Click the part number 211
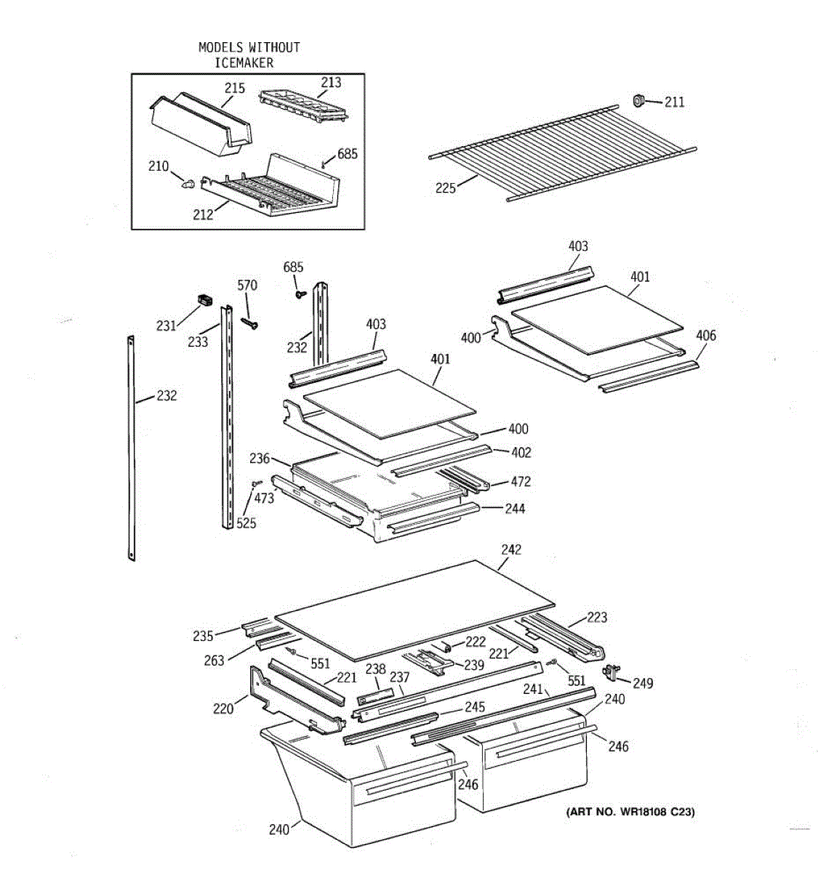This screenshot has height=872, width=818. click(674, 102)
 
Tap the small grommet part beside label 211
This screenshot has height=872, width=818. click(638, 100)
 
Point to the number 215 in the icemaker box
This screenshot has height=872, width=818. click(235, 88)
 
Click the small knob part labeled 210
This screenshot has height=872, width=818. click(188, 184)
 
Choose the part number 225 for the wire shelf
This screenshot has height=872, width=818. click(446, 188)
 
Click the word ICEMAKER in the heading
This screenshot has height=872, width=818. click(244, 62)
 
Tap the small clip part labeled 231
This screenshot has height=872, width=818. click(204, 300)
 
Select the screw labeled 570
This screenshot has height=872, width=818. click(249, 323)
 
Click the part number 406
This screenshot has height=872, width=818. click(706, 336)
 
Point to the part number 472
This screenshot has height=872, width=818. click(521, 482)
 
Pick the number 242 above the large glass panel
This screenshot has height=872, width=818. click(511, 549)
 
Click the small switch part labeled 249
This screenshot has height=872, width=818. click(612, 671)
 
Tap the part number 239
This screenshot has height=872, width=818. click(474, 665)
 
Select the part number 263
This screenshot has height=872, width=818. click(214, 661)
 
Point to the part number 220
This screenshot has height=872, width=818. click(223, 708)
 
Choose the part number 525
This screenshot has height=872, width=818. click(246, 523)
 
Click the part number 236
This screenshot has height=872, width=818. click(260, 459)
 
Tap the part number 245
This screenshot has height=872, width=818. click(475, 707)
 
